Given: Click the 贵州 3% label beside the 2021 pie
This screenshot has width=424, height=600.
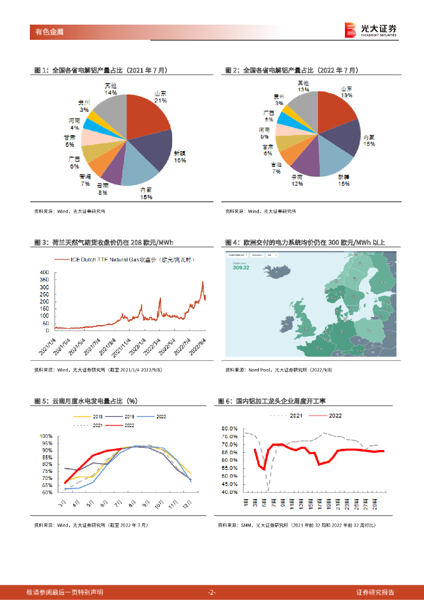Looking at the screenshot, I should click(84, 105).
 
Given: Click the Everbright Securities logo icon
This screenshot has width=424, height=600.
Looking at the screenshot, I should click(350, 30).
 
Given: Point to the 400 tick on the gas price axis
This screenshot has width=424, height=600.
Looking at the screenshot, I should click(45, 273).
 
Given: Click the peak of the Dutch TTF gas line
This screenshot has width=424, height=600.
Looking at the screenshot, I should click(203, 282).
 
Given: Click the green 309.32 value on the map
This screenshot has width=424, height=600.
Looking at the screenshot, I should click(241, 268).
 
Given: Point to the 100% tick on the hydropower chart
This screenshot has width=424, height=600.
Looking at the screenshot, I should click(46, 436).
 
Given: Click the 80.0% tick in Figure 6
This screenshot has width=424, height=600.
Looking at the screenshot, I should click(230, 428).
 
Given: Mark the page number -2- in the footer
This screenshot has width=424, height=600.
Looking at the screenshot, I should click(212, 592).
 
